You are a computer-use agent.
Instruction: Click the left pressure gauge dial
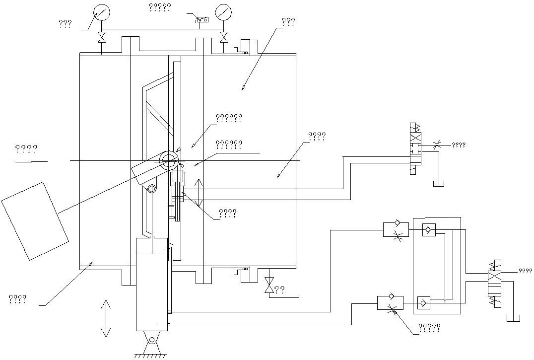(102, 12)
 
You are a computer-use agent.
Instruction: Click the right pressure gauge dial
(224, 12)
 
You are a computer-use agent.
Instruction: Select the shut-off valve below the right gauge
(224, 37)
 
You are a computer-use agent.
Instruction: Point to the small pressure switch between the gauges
(202, 20)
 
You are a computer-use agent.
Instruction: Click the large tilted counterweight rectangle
(34, 220)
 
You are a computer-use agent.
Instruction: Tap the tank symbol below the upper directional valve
(439, 184)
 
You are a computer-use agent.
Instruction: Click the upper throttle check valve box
(396, 230)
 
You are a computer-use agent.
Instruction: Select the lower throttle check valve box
(390, 302)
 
